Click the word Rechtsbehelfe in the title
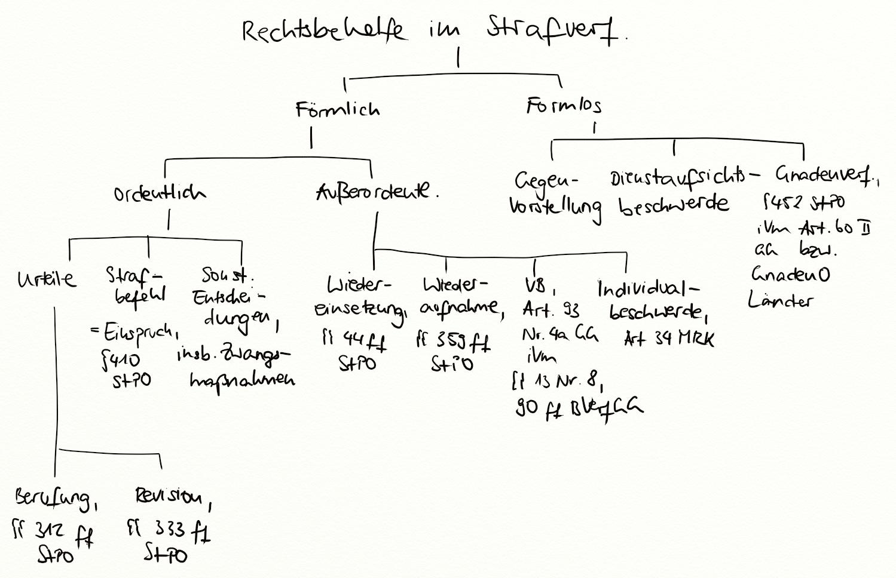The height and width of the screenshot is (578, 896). pos(323,31)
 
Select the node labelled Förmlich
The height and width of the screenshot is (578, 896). pos(337,109)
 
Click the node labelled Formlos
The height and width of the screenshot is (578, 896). pos(564,106)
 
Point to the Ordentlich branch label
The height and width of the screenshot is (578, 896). pos(160,193)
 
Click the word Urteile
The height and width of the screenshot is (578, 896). pos(47,278)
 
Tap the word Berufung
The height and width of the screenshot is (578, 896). pos(55,497)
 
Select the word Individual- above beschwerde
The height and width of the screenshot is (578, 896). pos(648,289)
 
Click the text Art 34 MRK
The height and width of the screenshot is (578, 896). pos(669,339)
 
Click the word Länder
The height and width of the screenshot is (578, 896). pos(780,300)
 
